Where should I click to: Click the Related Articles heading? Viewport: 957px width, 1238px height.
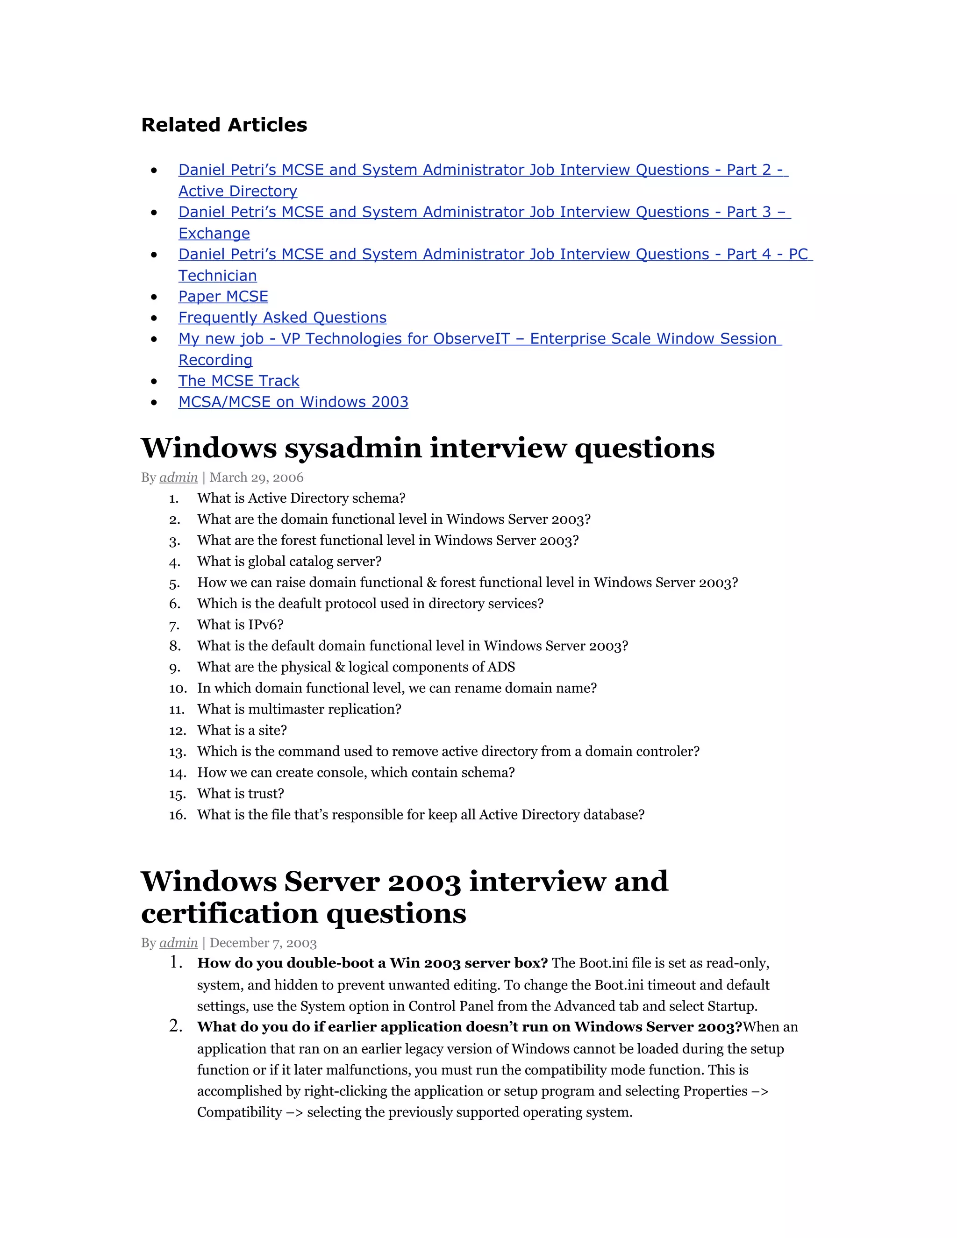coord(224,125)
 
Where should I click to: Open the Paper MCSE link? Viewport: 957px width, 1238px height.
coord(223,297)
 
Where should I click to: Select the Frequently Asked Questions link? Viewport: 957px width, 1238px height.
coord(282,317)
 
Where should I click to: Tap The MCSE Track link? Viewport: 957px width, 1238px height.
coord(239,381)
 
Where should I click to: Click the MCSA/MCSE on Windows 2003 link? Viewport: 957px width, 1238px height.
coord(293,402)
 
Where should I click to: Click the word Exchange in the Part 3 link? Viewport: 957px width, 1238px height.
coord(214,234)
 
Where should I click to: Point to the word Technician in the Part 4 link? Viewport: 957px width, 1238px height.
coord(217,276)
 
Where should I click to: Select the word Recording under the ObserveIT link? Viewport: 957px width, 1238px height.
coord(215,360)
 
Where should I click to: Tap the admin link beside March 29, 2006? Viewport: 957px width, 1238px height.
coord(179,477)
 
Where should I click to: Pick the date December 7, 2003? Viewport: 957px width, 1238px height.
coord(263,943)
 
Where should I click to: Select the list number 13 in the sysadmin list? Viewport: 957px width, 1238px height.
coord(177,752)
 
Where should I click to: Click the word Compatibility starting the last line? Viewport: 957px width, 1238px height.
coord(239,1112)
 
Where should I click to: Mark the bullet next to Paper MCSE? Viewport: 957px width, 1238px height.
coord(154,297)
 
